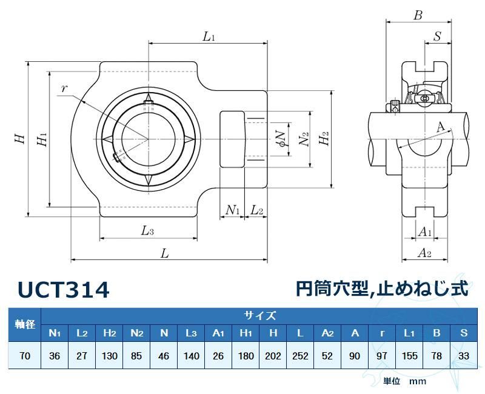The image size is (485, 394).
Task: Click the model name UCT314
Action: click(x=64, y=290)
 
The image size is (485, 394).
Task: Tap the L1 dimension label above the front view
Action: click(x=209, y=37)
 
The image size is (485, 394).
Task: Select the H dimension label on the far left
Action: click(x=20, y=139)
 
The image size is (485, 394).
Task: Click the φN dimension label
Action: click(x=279, y=139)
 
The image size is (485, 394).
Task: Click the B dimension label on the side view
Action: click(x=417, y=16)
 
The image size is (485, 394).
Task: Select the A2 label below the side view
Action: click(x=424, y=253)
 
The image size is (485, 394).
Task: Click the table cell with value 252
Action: click(x=301, y=356)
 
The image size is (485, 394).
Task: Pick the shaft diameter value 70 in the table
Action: click(x=25, y=356)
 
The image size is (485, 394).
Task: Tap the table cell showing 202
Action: click(x=273, y=356)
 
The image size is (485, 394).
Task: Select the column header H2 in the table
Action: click(x=109, y=333)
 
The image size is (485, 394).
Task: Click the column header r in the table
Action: click(x=382, y=333)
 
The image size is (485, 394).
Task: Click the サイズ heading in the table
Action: click(x=260, y=315)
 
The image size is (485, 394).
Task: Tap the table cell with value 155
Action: click(x=409, y=356)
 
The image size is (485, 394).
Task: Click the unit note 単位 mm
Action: click(x=404, y=381)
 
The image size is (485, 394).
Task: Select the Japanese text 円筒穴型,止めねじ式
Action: click(x=382, y=289)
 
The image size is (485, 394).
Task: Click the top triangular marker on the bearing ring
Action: click(x=149, y=99)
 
